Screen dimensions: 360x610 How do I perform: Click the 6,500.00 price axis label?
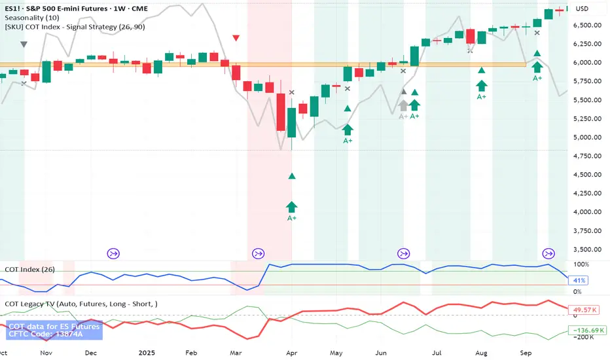pyautogui.click(x=588, y=25)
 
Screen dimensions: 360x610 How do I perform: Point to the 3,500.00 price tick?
pyautogui.click(x=588, y=249)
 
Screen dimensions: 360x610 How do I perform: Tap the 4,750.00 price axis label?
pyautogui.click(x=588, y=156)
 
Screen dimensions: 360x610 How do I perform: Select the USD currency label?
pyautogui.click(x=582, y=9)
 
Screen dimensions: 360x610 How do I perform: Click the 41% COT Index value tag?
pyautogui.click(x=581, y=280)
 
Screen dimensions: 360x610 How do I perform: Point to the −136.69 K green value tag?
pyautogui.click(x=588, y=331)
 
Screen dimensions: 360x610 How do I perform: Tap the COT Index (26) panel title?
pyautogui.click(x=31, y=269)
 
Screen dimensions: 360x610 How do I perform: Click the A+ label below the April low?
pyautogui.click(x=292, y=218)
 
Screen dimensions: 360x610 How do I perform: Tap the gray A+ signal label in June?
pyautogui.click(x=403, y=117)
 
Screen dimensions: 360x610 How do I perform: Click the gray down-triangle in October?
pyautogui.click(x=24, y=45)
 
